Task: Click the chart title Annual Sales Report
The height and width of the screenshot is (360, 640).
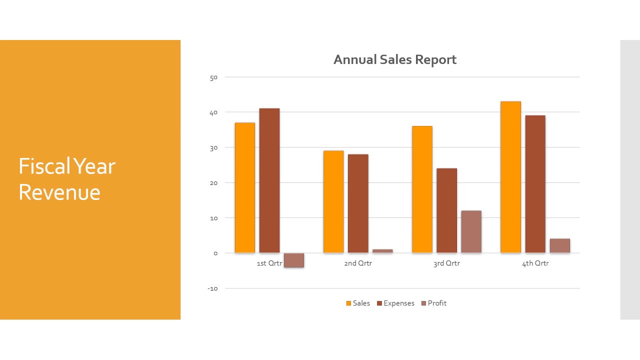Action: [394, 60]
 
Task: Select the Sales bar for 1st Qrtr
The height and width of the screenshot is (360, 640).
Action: [244, 187]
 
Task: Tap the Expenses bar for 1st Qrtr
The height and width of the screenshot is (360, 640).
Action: [269, 180]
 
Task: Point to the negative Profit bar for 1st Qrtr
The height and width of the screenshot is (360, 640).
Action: [293, 260]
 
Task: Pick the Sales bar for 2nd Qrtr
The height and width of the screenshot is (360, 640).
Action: [333, 201]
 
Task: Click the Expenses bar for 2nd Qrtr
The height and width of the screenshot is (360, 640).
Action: [358, 203]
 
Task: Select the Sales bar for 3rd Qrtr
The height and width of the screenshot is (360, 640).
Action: [422, 189]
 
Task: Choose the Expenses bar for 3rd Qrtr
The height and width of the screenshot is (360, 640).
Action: [446, 210]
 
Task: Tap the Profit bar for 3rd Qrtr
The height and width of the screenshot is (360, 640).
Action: [471, 231]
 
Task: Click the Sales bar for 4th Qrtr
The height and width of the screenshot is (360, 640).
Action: [510, 177]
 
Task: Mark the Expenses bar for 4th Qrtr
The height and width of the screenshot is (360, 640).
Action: [535, 184]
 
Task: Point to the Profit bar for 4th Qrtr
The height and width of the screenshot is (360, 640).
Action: [559, 245]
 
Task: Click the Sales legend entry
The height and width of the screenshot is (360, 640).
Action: [358, 303]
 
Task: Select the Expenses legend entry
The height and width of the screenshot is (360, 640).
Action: [395, 303]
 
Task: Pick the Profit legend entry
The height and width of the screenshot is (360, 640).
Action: [433, 303]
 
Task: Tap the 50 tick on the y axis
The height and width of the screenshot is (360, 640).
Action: [213, 77]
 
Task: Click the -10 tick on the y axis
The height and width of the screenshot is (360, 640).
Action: [212, 288]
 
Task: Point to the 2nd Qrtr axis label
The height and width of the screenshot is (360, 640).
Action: [358, 263]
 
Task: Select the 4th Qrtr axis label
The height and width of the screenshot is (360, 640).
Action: [535, 263]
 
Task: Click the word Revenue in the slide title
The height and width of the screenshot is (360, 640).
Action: [59, 192]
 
